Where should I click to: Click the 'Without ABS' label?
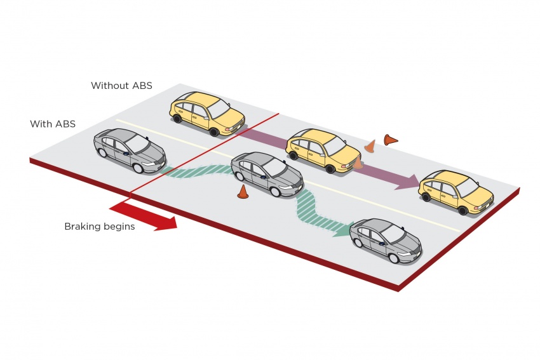[x=121, y=85]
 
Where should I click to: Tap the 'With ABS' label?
[x=53, y=124]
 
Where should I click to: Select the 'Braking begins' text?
[x=99, y=226]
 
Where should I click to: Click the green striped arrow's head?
[x=343, y=229]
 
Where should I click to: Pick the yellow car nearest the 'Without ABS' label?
[x=207, y=113]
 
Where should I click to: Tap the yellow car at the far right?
[x=456, y=190]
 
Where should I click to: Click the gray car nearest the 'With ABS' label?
[x=130, y=150]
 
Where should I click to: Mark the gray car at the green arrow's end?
[x=386, y=241]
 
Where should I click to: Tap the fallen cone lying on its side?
[x=390, y=139]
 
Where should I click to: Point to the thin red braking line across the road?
[x=203, y=152]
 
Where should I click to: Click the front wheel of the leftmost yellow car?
[x=214, y=132]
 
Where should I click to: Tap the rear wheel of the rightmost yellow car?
[x=426, y=197]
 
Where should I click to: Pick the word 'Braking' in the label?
[x=82, y=226]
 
